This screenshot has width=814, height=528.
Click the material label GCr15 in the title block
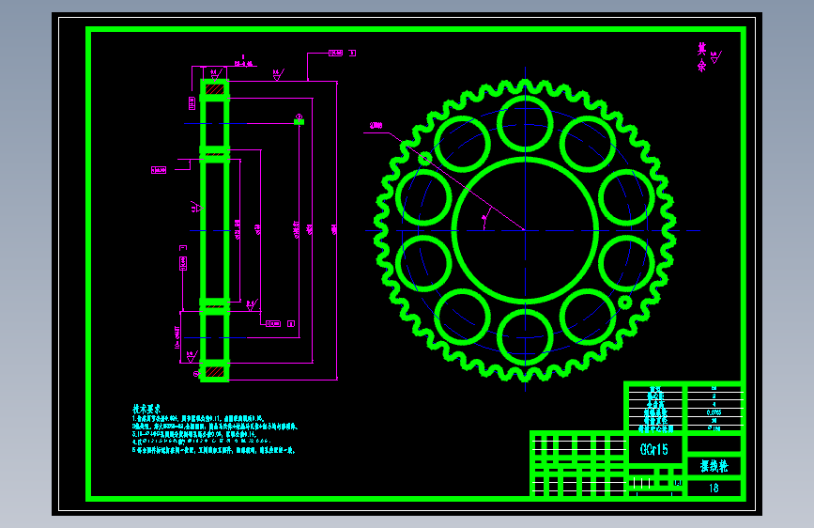pos(654,449)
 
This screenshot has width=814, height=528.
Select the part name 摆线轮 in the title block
pos(714,465)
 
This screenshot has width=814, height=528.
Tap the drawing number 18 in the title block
pos(714,488)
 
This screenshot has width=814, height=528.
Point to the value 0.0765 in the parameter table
pos(714,412)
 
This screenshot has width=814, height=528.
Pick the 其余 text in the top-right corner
pos(700,57)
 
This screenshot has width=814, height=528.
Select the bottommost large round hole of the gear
pos(524,336)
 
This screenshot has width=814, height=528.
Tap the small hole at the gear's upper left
pos(424,159)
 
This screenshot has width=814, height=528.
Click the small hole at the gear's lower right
pos(624,302)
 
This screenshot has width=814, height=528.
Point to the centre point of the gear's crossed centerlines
pos(524,229)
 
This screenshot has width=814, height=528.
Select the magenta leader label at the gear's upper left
pos(376,125)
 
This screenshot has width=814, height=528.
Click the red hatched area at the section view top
pos(215,91)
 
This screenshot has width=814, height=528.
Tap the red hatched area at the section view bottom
pos(215,371)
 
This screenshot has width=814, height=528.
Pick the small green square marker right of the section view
pos(299,120)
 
